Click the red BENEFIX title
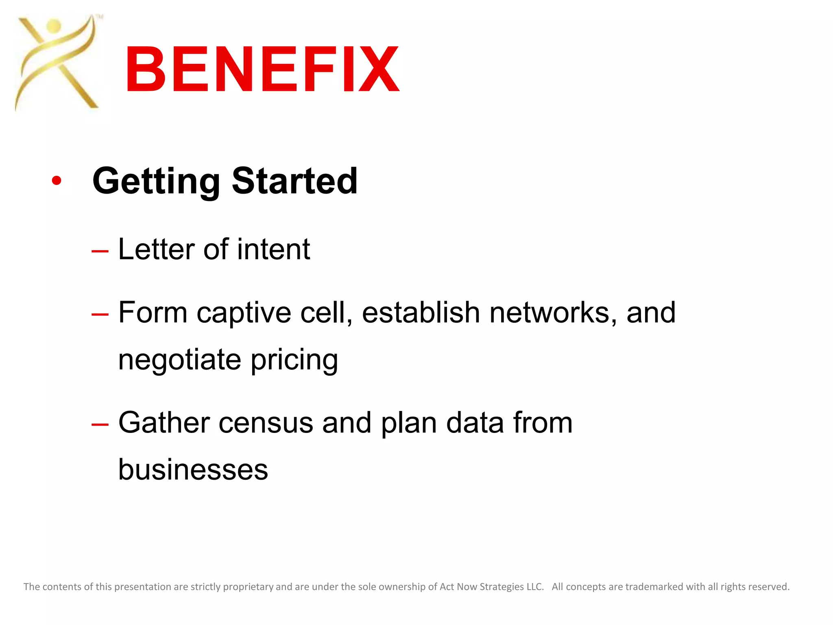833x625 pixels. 262,69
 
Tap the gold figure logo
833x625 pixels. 57,63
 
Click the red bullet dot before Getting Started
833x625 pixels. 57,181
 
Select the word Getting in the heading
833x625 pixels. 156,181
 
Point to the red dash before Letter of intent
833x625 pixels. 100,251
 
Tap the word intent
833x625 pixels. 273,249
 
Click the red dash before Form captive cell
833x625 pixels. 100,314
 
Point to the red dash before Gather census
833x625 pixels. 100,424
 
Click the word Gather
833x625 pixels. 164,422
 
